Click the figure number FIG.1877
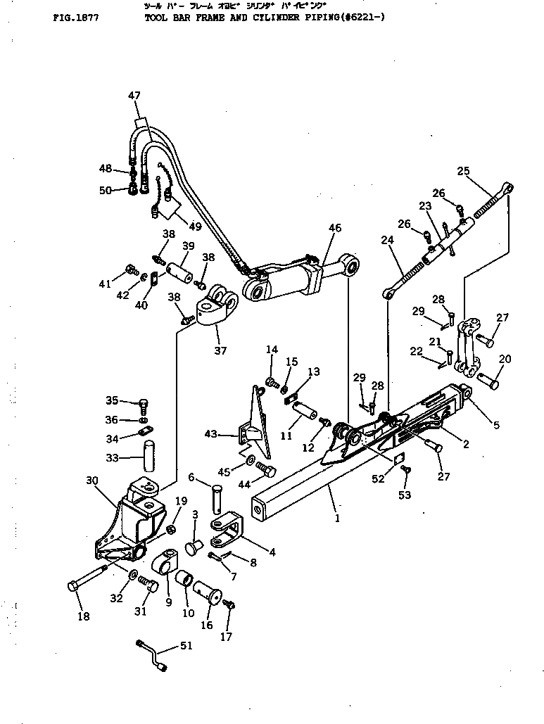pos(75,19)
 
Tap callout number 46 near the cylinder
pos(334,228)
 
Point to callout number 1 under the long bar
pos(337,519)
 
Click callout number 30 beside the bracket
pos(91,481)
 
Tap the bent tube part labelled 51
pos(153,654)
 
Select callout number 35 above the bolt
pos(113,400)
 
